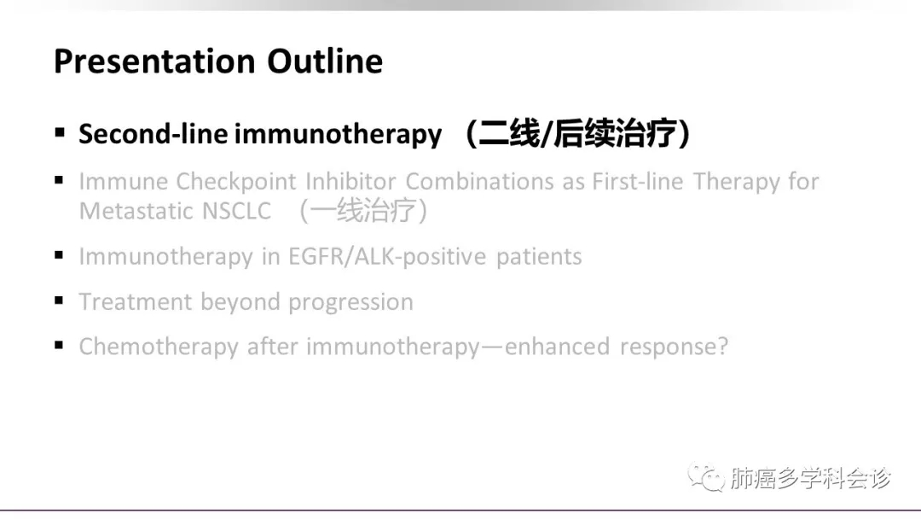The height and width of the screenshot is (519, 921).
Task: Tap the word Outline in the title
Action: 325,61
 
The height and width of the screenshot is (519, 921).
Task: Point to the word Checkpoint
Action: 236,182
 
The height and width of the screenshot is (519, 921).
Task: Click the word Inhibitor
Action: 350,182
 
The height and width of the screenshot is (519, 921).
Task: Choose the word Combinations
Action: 479,182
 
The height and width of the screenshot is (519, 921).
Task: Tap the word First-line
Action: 637,182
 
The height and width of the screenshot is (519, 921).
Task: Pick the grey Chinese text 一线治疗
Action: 363,211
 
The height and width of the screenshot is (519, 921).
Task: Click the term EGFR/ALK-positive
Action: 387,257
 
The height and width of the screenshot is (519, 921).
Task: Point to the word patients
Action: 539,257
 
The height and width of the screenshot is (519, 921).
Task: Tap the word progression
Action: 350,302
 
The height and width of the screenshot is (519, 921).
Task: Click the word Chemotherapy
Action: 159,347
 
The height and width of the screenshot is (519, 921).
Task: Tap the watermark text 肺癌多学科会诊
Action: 811,478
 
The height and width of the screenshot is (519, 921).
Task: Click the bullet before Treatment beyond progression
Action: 59,300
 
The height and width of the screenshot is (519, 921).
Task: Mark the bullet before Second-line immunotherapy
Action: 60,132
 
